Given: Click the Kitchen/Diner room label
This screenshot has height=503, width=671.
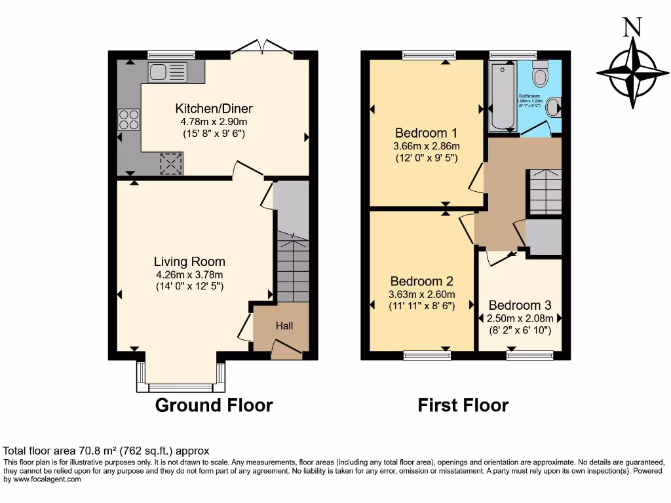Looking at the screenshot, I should (x=214, y=109).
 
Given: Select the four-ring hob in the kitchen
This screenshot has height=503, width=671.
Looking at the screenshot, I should (x=129, y=119).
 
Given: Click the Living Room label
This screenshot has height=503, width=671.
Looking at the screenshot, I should (x=190, y=262).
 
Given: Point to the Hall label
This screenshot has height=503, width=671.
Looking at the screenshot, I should (x=284, y=326).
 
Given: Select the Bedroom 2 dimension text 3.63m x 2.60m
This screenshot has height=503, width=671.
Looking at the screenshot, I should (x=422, y=294).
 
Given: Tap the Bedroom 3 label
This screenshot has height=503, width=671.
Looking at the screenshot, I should (x=520, y=305).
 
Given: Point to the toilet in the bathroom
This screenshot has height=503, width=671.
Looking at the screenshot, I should (x=541, y=75).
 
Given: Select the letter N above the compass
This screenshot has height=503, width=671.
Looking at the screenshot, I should (x=632, y=27).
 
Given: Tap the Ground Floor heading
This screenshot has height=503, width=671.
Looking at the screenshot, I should (x=214, y=405).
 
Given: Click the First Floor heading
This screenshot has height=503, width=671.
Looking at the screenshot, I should (x=463, y=405).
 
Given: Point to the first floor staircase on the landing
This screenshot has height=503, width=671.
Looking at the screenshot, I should (x=545, y=191).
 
